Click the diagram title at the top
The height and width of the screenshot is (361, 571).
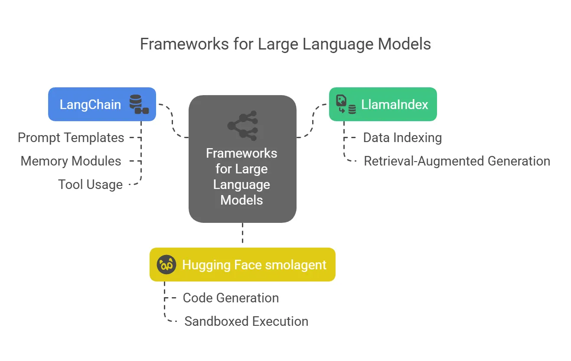coord(285,44)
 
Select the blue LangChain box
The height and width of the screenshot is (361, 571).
coord(102,104)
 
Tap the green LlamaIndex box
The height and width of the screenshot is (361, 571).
coord(383,104)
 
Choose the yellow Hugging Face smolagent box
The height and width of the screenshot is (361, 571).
coord(242,265)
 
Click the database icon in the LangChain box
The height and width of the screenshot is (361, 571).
coord(139,104)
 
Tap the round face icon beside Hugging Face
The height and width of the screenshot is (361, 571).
coord(166,265)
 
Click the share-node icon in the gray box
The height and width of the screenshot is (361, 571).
coord(243,126)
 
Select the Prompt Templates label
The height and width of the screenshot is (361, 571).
coord(71,138)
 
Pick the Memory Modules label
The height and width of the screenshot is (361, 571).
coord(71,161)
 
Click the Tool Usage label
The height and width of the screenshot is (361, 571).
coord(90,185)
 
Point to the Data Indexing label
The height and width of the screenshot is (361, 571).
coord(402,138)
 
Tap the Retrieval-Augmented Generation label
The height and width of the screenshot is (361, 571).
coord(457,161)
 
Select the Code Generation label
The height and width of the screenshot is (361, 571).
coord(231,298)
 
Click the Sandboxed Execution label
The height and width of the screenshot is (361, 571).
coord(246,321)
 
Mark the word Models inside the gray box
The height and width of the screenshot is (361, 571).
coord(241,200)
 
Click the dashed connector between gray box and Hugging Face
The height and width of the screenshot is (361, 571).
coord(242,233)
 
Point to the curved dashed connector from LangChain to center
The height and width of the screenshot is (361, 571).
coord(173,121)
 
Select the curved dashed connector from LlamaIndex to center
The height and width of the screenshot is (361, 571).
coord(313,121)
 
